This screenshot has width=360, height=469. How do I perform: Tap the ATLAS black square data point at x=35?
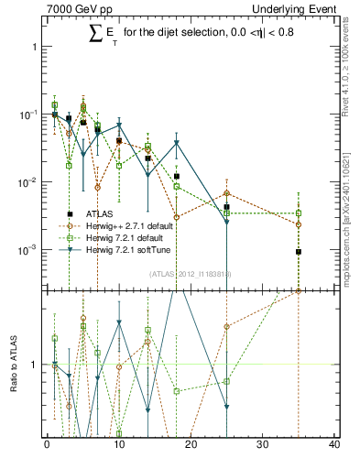pyautogui.click(x=298, y=252)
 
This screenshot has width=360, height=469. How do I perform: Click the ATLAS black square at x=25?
pyautogui.click(x=226, y=207)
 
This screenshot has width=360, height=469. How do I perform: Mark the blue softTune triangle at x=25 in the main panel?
pyautogui.click(x=226, y=222)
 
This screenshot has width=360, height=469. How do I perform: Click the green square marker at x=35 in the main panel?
pyautogui.click(x=298, y=213)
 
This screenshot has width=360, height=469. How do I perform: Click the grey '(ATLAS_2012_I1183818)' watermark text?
pyautogui.click(x=190, y=273)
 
